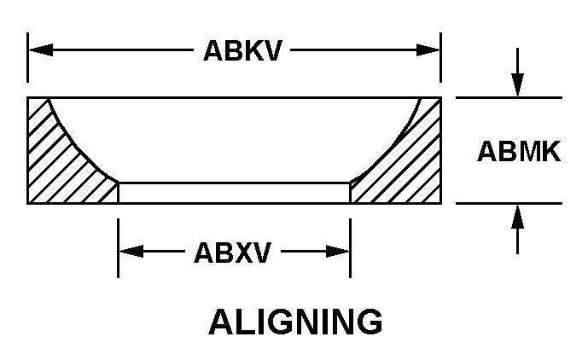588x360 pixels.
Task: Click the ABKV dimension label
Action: click(x=242, y=50)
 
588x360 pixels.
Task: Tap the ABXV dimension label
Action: click(x=232, y=253)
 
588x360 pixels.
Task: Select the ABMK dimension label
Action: click(x=519, y=151)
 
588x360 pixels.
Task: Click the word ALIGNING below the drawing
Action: click(x=295, y=322)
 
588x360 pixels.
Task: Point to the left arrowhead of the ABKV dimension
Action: click(x=41, y=49)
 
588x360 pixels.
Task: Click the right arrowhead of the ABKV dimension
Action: click(x=428, y=49)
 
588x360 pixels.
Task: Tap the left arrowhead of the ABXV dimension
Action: click(x=131, y=252)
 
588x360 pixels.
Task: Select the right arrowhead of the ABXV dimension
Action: click(x=337, y=252)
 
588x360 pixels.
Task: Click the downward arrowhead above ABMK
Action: click(x=517, y=85)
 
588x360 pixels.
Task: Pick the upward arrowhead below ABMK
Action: click(x=517, y=216)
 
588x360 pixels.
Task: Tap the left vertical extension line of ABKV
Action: click(x=27, y=57)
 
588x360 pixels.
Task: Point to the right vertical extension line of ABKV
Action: click(x=440, y=57)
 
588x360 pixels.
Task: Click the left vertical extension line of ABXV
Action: click(x=118, y=248)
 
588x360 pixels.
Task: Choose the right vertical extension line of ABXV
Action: click(x=350, y=248)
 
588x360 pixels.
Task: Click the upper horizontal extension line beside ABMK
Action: click(x=509, y=97)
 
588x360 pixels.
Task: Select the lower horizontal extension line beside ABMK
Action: click(x=509, y=203)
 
